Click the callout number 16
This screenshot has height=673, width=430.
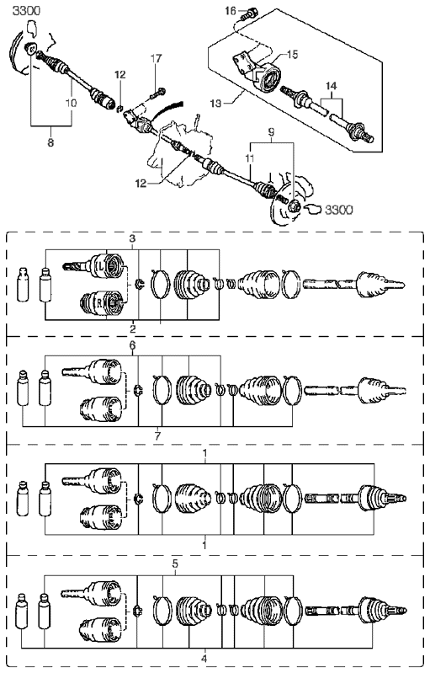coord(231,10)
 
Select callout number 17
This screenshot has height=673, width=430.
coord(156,57)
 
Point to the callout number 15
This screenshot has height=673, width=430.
coord(292,55)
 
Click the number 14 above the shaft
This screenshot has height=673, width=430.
coord(331,86)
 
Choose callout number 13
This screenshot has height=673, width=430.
coord(216,104)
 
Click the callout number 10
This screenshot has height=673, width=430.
coord(72,103)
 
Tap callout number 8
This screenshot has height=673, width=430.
coord(50,142)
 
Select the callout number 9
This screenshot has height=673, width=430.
coord(271,132)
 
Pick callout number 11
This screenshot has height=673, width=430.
coord(250,158)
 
